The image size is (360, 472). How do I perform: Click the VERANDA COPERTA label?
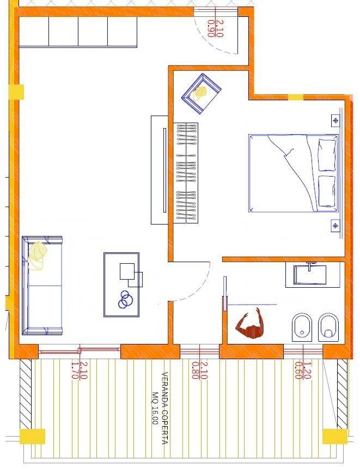tap(165, 408)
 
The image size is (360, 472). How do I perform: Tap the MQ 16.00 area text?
tap(155, 408)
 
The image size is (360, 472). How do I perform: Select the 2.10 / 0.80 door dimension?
tap(200, 370)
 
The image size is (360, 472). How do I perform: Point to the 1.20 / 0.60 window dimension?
tap(303, 370)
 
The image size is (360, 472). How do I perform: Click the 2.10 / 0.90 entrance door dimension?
tap(215, 28)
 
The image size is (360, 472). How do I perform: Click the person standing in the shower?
tap(250, 324)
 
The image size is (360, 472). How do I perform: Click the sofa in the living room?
tap(42, 286)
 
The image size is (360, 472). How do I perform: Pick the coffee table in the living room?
tap(121, 285)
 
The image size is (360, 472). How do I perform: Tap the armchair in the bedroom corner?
tap(201, 94)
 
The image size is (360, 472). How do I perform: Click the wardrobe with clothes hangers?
tap(186, 173)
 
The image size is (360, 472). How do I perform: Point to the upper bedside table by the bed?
tap(335, 120)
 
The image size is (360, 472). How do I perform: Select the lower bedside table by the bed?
tap(335, 226)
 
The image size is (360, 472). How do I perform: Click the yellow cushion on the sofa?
tap(36, 256)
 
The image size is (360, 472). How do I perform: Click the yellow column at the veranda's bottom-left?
tap(33, 437)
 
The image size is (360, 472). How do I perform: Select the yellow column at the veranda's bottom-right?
tap(335, 437)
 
